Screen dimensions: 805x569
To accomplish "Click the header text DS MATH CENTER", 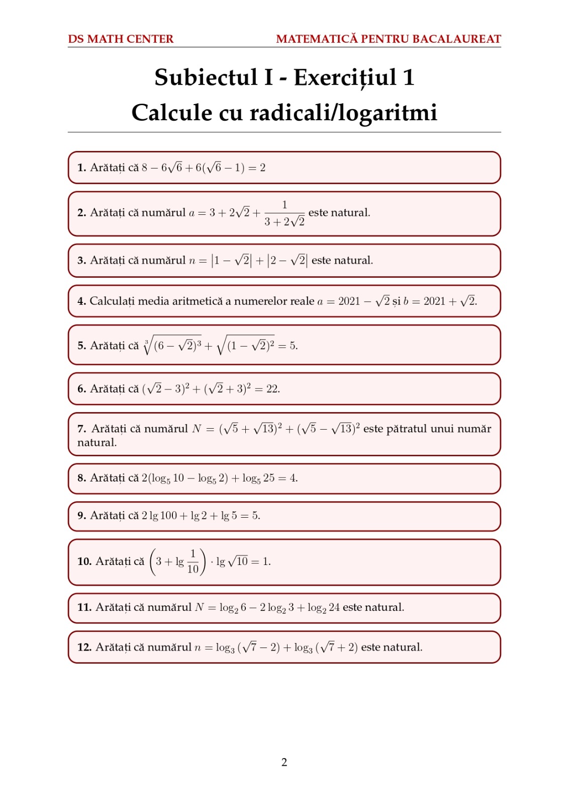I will pyautogui.click(x=121, y=39).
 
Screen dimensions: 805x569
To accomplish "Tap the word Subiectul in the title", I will pyautogui.click(x=206, y=77).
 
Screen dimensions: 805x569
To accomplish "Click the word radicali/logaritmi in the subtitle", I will pyautogui.click(x=343, y=113).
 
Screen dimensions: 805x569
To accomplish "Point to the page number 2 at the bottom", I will pyautogui.click(x=284, y=762).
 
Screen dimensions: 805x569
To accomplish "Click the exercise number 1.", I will pyautogui.click(x=81, y=168).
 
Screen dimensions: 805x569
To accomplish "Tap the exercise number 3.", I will pyautogui.click(x=81, y=261).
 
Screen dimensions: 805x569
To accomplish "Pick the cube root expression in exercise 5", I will pyautogui.click(x=172, y=345).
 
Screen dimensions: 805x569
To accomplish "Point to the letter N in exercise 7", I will pyautogui.click(x=197, y=429).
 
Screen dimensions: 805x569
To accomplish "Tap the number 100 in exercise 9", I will pyautogui.click(x=168, y=516).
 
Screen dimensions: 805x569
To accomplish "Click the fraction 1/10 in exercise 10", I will pyautogui.click(x=193, y=561).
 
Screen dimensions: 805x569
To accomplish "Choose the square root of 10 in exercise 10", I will pyautogui.click(x=238, y=561).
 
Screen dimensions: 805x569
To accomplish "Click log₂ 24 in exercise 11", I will pyautogui.click(x=324, y=608).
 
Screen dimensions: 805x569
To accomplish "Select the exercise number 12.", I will pyautogui.click(x=84, y=648).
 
